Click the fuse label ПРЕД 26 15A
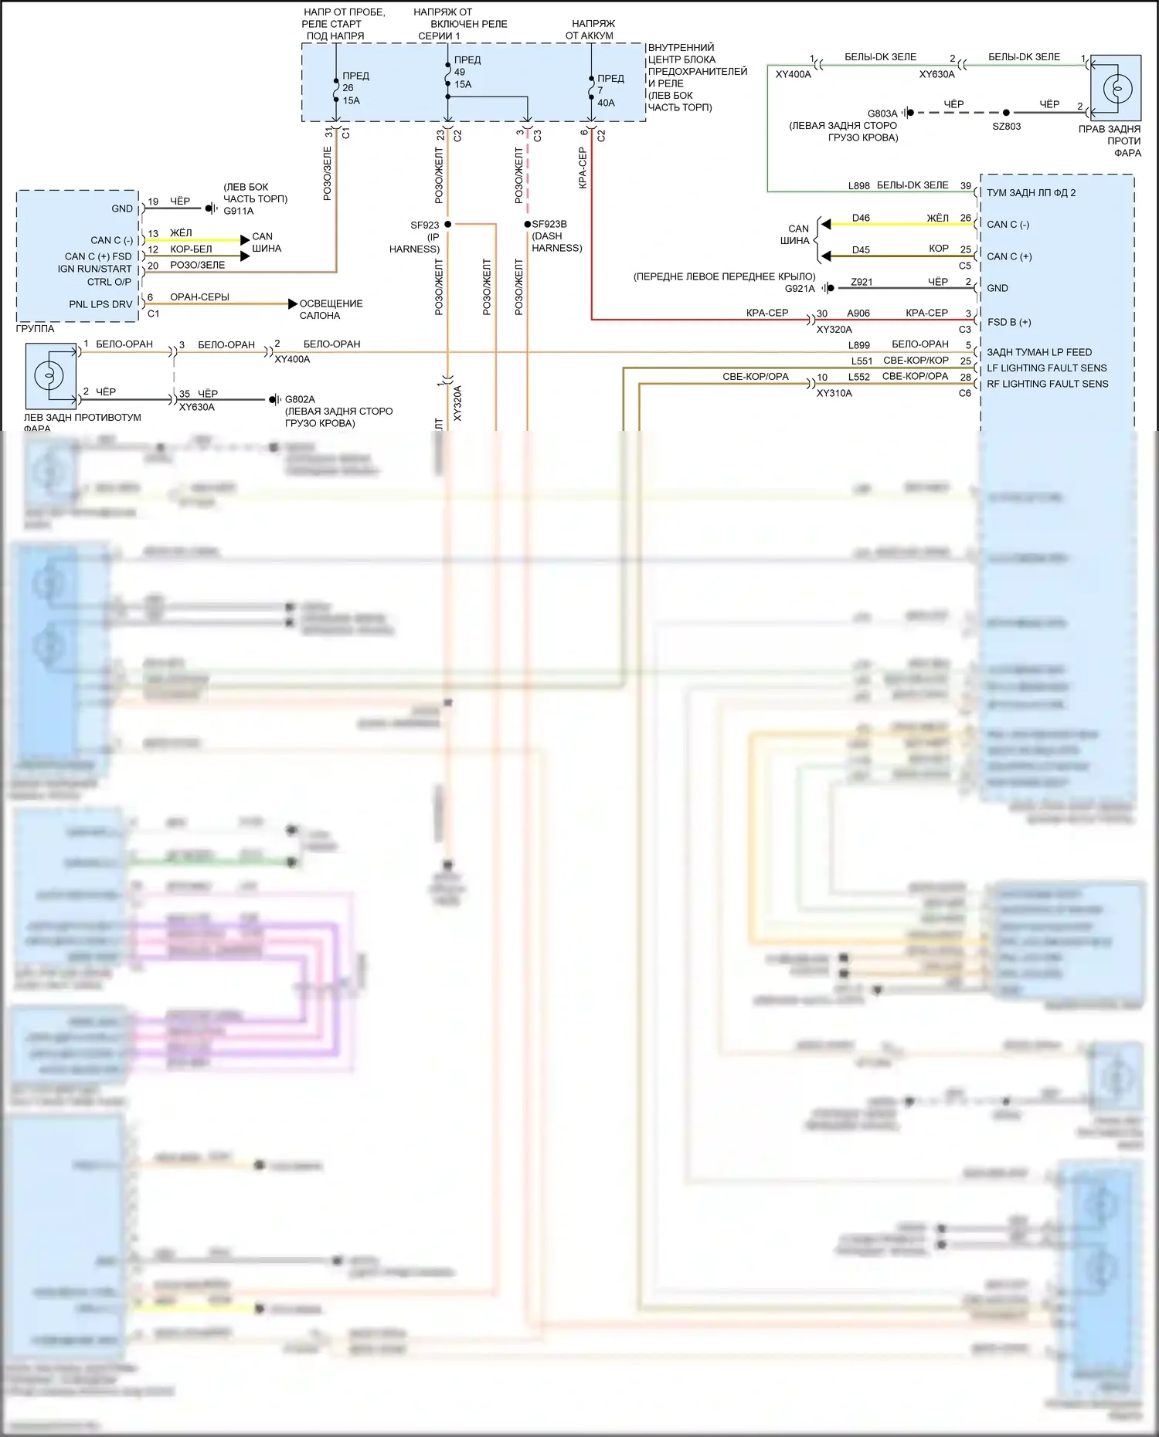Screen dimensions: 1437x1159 (x=355, y=88)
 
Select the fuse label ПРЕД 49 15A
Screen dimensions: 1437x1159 (x=467, y=72)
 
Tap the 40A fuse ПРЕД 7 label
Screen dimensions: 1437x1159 (x=610, y=90)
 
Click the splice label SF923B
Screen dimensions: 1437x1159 (x=549, y=224)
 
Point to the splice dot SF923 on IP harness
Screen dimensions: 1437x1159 (x=448, y=224)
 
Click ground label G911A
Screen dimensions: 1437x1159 (x=238, y=211)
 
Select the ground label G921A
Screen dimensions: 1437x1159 (x=800, y=288)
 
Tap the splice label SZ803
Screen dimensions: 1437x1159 (x=1006, y=126)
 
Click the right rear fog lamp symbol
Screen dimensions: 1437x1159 (x=1117, y=89)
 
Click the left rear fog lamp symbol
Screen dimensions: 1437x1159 (x=49, y=376)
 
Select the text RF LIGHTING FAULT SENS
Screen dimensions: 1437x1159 (x=1047, y=384)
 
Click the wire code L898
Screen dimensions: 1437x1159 (x=858, y=186)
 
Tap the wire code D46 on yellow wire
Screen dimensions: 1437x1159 (x=861, y=218)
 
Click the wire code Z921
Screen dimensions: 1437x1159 (x=861, y=282)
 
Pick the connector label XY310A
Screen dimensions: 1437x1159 (x=834, y=393)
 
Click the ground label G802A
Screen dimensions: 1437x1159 (x=300, y=399)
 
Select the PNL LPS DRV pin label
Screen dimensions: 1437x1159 (x=100, y=304)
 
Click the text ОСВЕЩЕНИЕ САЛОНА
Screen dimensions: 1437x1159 (x=330, y=310)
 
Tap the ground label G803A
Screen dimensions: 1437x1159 (x=882, y=114)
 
